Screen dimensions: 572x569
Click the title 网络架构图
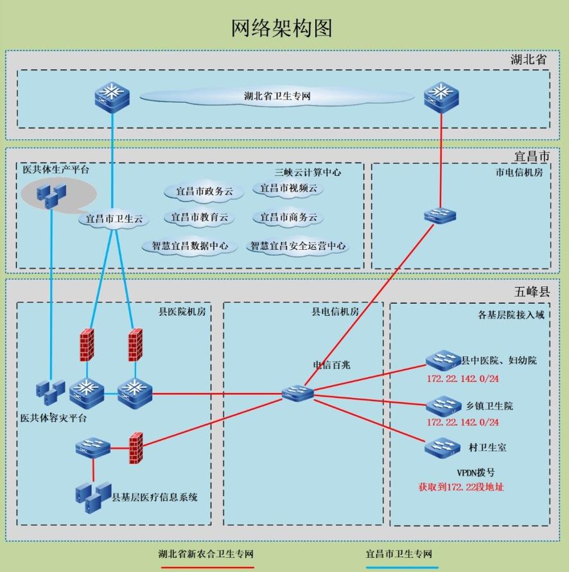pyautogui.click(x=282, y=28)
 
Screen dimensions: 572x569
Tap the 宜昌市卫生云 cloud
pyautogui.click(x=114, y=219)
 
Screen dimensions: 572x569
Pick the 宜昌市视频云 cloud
pyautogui.click(x=288, y=189)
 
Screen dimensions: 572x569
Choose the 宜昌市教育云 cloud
pyautogui.click(x=199, y=218)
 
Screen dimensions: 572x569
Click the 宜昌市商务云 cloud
pyautogui.click(x=288, y=218)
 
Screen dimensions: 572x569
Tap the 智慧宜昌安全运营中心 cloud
pyautogui.click(x=298, y=247)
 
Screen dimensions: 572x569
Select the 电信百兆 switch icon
pyautogui.click(x=298, y=392)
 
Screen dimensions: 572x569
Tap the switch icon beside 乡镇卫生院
pyautogui.click(x=442, y=406)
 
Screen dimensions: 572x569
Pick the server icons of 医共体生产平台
pyautogui.click(x=51, y=192)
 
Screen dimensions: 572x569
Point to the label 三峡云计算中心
pyautogui.click(x=308, y=172)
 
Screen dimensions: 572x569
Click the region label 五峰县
pyautogui.click(x=532, y=291)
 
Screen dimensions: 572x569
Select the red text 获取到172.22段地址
pyautogui.click(x=461, y=487)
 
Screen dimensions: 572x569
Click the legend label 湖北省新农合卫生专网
pyautogui.click(x=207, y=554)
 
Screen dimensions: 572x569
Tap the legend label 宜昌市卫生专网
pyautogui.click(x=399, y=554)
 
